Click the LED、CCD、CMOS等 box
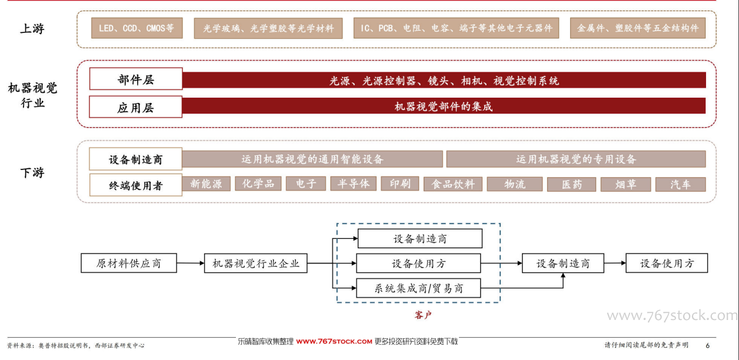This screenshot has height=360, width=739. (x=137, y=28)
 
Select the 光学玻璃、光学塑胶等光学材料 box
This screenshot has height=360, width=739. (x=268, y=28)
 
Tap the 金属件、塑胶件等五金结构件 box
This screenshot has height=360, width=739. (x=638, y=28)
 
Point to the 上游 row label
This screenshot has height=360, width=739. (x=32, y=28)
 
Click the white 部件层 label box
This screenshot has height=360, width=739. (x=136, y=79)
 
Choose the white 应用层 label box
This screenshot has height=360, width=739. (x=135, y=107)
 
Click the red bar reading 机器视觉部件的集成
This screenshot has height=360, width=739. (x=444, y=106)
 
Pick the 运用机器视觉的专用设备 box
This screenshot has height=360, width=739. (x=576, y=159)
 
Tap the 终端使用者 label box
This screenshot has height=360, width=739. (x=135, y=185)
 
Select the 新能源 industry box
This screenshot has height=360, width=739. (x=206, y=184)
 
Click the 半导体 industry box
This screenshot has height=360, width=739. (x=354, y=184)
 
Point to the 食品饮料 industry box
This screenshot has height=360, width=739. (x=453, y=184)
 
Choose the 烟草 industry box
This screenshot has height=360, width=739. (x=625, y=185)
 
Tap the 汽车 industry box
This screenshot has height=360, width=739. (x=681, y=185)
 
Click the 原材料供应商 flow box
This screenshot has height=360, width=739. (x=129, y=263)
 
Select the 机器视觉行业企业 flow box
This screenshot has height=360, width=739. (x=256, y=263)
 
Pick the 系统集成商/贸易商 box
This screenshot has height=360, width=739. (x=418, y=288)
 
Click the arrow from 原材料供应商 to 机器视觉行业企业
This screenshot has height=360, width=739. (x=191, y=263)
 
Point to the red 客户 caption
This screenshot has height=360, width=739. (x=423, y=315)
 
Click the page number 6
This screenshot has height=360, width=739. (x=708, y=345)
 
